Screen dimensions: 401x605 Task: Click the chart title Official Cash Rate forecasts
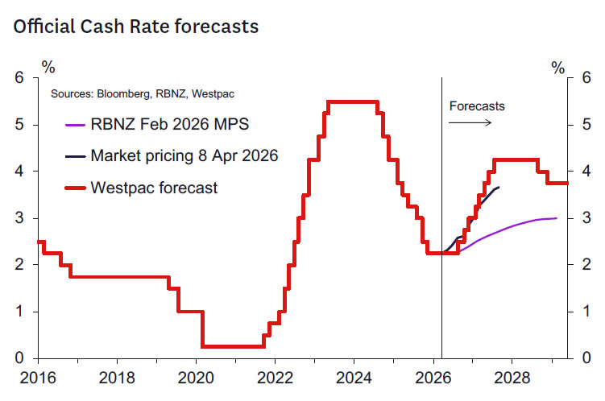tap(135, 27)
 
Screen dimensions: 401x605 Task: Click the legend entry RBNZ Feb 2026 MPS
tap(169, 125)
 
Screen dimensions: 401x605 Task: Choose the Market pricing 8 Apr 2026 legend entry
tap(184, 156)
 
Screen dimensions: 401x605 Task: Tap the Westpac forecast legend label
tap(154, 188)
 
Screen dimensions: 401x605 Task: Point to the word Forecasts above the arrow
tap(477, 106)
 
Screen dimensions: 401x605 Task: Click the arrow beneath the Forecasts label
tap(469, 123)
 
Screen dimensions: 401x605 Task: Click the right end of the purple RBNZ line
tap(556, 218)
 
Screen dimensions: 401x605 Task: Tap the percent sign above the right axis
tap(558, 68)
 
